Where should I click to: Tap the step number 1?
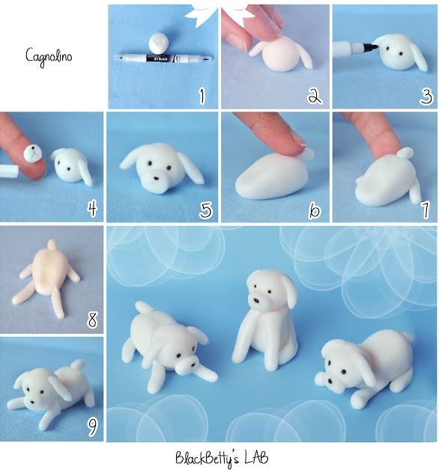click(x=201, y=96)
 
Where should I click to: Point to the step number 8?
click(x=92, y=320)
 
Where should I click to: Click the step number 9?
click(x=92, y=427)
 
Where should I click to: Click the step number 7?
click(x=423, y=209)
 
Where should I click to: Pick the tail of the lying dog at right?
click(x=408, y=338)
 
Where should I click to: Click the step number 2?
click(x=313, y=96)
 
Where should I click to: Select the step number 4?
click(x=91, y=209)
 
